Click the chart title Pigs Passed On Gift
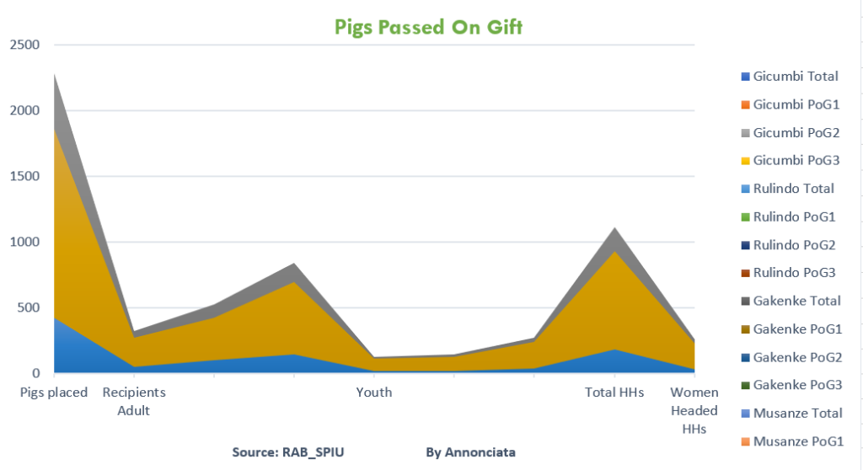pyautogui.click(x=428, y=27)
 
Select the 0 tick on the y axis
pyautogui.click(x=36, y=372)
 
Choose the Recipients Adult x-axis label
pyautogui.click(x=134, y=402)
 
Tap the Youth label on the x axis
pyautogui.click(x=373, y=393)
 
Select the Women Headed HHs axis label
pyautogui.click(x=694, y=411)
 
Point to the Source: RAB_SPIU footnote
pyautogui.click(x=288, y=452)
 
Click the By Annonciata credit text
pyautogui.click(x=470, y=452)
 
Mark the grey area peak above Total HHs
pyautogui.click(x=615, y=230)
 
